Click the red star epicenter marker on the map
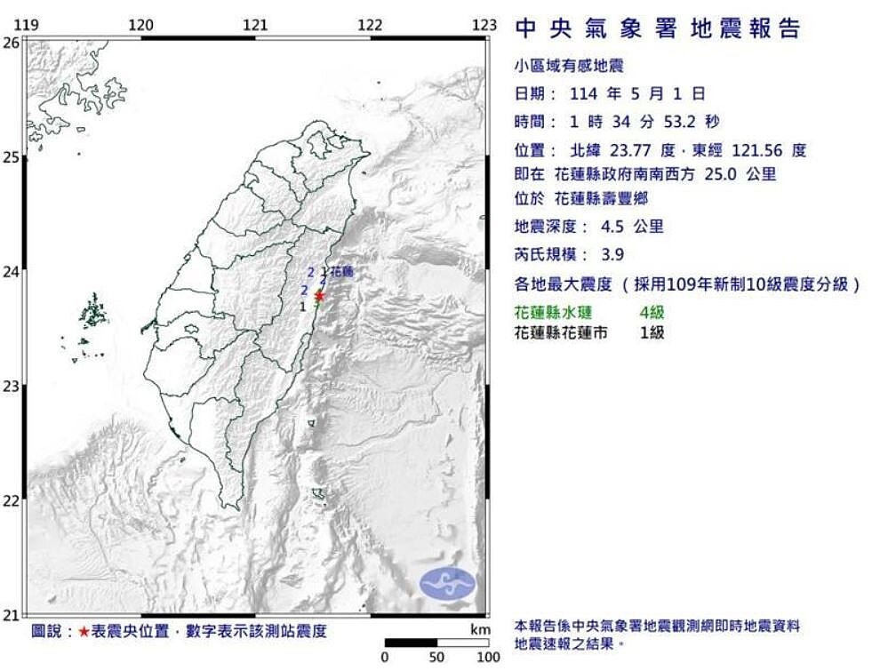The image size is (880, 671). click(x=318, y=296)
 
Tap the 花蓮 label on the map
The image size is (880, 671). click(x=342, y=272)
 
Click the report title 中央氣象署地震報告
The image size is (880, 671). click(x=658, y=28)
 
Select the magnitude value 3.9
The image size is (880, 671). click(x=612, y=254)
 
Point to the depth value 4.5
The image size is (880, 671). click(x=612, y=227)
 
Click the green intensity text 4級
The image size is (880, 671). click(x=652, y=312)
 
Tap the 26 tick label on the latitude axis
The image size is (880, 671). click(x=11, y=42)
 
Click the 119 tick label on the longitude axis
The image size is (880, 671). click(x=28, y=25)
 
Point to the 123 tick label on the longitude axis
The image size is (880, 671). click(x=484, y=25)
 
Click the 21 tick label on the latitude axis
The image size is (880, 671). click(x=11, y=614)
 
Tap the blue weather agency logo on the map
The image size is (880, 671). click(x=447, y=583)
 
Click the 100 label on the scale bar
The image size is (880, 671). click(x=486, y=658)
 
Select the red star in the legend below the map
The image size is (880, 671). click(x=84, y=632)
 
